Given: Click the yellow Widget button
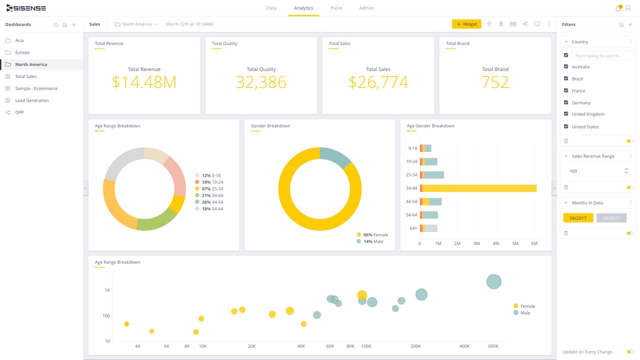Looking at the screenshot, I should click(466, 24).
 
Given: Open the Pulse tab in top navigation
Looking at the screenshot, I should click(336, 8).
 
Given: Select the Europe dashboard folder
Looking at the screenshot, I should click(22, 52).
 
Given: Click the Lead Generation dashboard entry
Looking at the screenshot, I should click(31, 100).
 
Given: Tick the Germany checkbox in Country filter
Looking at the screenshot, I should click(566, 102).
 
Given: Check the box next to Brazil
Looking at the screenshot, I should click(566, 78).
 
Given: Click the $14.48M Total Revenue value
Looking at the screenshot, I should click(144, 82).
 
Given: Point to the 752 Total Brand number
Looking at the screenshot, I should click(495, 82).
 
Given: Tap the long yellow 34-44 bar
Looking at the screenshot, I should click(479, 188).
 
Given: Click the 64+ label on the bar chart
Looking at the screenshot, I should click(413, 228).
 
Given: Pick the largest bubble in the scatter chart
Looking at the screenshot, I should click(494, 281).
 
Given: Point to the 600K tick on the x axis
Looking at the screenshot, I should click(493, 346).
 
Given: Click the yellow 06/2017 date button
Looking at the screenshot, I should click(578, 218).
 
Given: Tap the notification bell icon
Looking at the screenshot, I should click(618, 8).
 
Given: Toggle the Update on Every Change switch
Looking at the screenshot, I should click(630, 352).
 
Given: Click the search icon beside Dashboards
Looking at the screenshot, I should click(56, 24).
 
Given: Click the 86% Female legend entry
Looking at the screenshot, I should click(372, 234).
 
